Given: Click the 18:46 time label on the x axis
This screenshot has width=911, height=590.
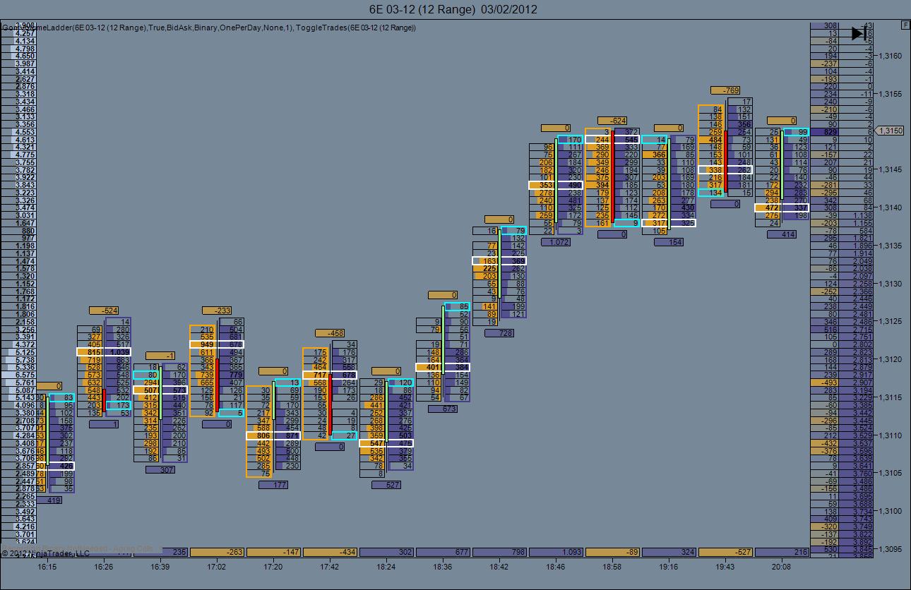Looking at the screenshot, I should tap(555, 566).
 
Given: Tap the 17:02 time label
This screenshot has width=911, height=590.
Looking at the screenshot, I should tap(216, 566).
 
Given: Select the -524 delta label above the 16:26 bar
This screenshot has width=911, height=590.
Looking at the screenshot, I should tap(103, 311).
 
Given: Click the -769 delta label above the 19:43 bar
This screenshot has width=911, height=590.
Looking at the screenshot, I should tap(725, 90).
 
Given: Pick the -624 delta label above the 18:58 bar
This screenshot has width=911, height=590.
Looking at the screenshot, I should tap(612, 121).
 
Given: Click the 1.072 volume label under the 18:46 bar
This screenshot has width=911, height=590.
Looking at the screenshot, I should tap(555, 242).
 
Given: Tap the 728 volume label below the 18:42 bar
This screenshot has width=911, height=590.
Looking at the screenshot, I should tap(499, 333).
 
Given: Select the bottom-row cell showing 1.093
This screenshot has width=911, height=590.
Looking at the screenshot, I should tap(555, 552).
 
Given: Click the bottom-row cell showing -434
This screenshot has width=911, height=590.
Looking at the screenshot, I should tap(329, 552).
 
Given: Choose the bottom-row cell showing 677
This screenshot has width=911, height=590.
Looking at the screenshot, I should tap(442, 552).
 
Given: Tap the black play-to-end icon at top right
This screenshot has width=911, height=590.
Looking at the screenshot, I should tap(859, 33).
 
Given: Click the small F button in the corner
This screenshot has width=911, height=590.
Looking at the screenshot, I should tap(905, 25).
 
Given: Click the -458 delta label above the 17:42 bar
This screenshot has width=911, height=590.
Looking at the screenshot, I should tap(329, 333).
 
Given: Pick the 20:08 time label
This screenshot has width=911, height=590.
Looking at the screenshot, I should tap(781, 566).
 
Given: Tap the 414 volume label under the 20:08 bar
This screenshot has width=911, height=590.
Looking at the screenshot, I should tap(781, 234).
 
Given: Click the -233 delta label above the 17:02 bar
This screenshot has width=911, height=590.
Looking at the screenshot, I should tap(216, 311).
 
